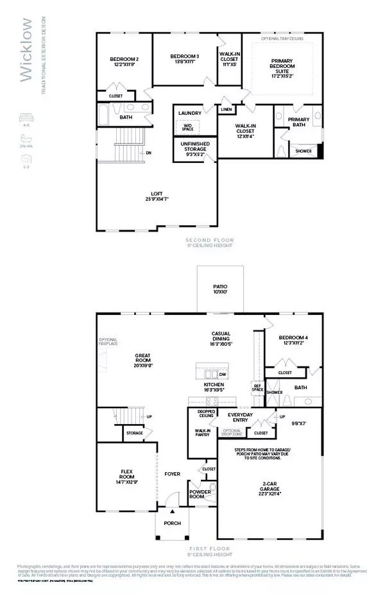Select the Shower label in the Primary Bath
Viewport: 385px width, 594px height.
(304, 152)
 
